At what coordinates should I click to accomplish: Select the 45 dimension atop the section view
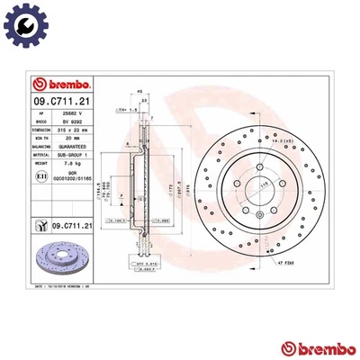pos(140,92)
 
